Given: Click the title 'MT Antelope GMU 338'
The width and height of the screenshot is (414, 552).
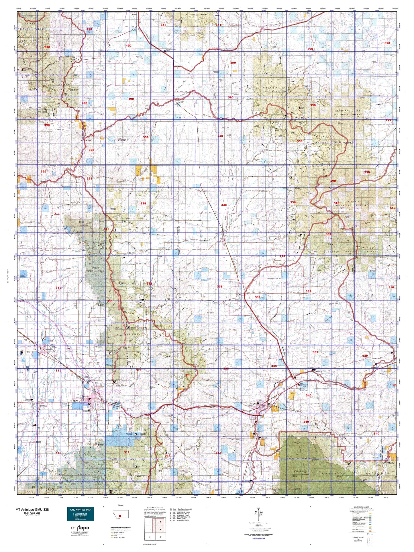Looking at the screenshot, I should [x=32, y=510].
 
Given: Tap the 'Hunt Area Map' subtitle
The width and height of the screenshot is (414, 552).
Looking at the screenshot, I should [x=32, y=513].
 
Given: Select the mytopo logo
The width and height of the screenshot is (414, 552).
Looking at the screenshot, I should [x=80, y=528].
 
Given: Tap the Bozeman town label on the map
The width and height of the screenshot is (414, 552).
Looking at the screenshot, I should [x=78, y=396].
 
